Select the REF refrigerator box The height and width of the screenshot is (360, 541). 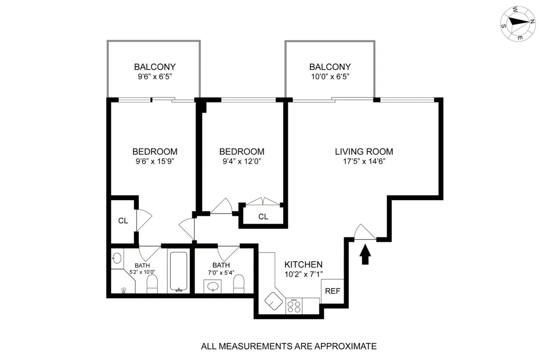coord(332,291)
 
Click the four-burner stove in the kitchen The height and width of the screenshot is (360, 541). coord(294,306)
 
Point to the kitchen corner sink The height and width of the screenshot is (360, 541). coord(274,301)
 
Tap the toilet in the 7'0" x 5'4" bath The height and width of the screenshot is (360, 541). coord(239,283)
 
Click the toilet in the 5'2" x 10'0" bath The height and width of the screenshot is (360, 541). coord(152,284)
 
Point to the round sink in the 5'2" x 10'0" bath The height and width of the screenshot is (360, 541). coord(116,258)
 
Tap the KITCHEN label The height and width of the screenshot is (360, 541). coord(303,264)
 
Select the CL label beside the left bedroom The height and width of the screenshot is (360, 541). coord(123,221)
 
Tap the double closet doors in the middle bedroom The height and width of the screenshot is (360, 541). coord(263,201)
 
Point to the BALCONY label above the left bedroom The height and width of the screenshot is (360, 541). coord(154,67)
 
